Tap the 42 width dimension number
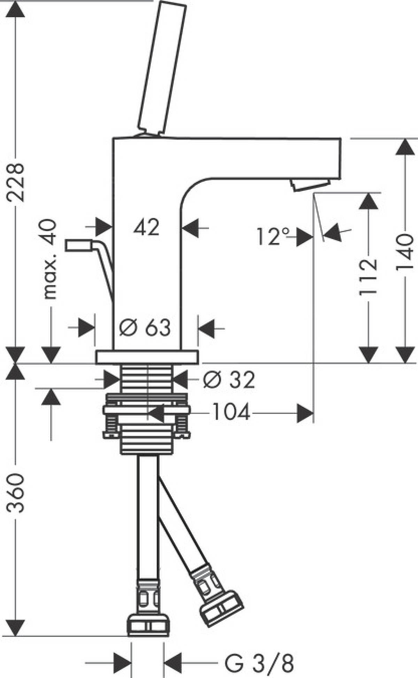[147, 228]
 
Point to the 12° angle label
[273, 236]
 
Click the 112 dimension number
[368, 277]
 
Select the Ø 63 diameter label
[145, 327]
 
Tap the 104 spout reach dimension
[231, 413]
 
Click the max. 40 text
[50, 259]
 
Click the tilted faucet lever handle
[161, 68]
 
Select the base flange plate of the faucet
[147, 357]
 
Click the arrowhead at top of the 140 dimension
[405, 147]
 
